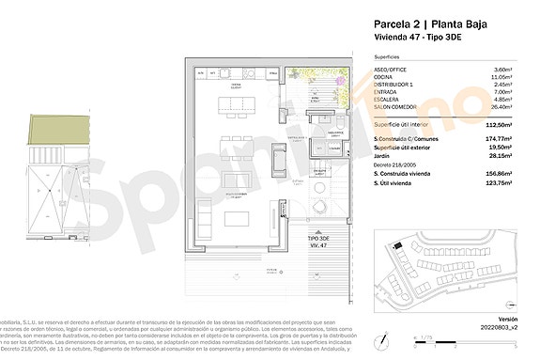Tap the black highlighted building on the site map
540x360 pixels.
tap(397, 245)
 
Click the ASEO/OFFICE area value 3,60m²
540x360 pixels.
tap(505, 69)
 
